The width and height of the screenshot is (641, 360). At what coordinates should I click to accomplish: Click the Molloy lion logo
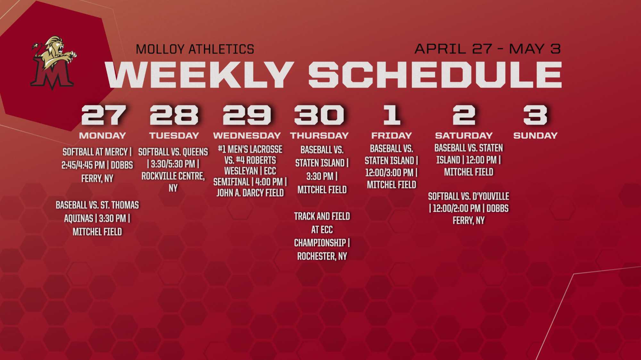click(54, 63)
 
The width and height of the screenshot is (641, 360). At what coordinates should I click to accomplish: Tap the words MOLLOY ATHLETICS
click(195, 49)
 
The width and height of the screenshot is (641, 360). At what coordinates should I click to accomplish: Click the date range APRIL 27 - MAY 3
click(487, 49)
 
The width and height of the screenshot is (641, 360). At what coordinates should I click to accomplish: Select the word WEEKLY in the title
click(199, 75)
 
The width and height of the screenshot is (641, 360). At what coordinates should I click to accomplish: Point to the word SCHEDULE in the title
click(435, 75)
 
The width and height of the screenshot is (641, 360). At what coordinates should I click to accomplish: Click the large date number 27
click(104, 115)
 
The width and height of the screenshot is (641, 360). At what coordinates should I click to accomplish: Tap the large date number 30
click(319, 115)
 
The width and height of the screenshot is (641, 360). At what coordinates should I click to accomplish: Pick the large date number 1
click(392, 115)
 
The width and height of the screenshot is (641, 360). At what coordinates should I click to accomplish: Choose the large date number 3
click(535, 115)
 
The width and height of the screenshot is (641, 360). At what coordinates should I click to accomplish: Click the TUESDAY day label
click(174, 135)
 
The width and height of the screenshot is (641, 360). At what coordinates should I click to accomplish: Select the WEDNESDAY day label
click(247, 135)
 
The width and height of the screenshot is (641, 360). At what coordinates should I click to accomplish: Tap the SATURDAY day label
click(464, 135)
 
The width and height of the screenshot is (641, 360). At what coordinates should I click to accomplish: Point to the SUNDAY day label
click(535, 135)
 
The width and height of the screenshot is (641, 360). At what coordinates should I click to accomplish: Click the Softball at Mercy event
click(97, 165)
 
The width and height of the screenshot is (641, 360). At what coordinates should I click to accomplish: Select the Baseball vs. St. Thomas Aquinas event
click(97, 218)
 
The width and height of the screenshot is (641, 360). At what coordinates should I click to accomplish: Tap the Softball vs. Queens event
click(173, 170)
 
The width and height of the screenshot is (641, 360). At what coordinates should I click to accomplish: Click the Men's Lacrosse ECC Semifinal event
click(250, 171)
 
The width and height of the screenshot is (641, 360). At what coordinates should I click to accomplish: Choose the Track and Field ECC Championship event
click(322, 236)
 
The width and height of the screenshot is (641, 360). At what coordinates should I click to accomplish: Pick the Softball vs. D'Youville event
click(469, 208)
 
